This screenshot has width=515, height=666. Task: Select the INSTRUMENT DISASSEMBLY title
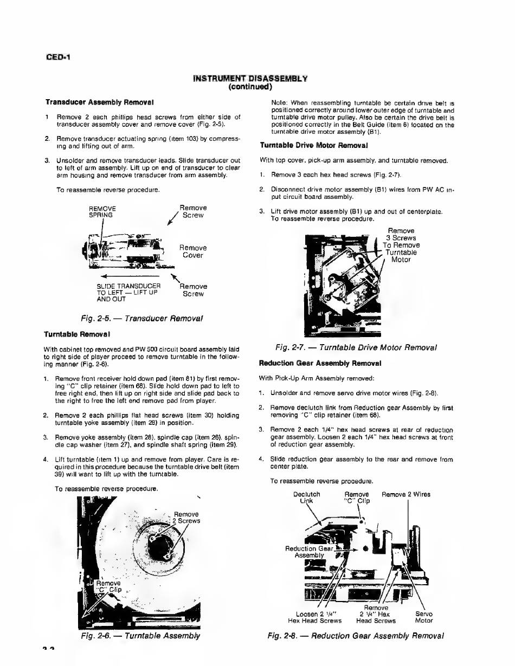[250, 79]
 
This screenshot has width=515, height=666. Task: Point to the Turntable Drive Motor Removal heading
[314, 145]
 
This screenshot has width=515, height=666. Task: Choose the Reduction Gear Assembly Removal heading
[320, 363]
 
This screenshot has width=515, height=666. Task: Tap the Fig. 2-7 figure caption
[356, 347]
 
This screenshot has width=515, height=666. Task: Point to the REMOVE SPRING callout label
[102, 211]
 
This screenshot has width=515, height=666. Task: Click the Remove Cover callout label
[192, 251]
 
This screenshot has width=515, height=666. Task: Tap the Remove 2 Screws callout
[185, 518]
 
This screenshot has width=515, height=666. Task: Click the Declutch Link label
[306, 497]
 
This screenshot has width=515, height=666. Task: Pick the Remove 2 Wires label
[406, 494]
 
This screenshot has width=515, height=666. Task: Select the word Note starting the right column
[279, 102]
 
